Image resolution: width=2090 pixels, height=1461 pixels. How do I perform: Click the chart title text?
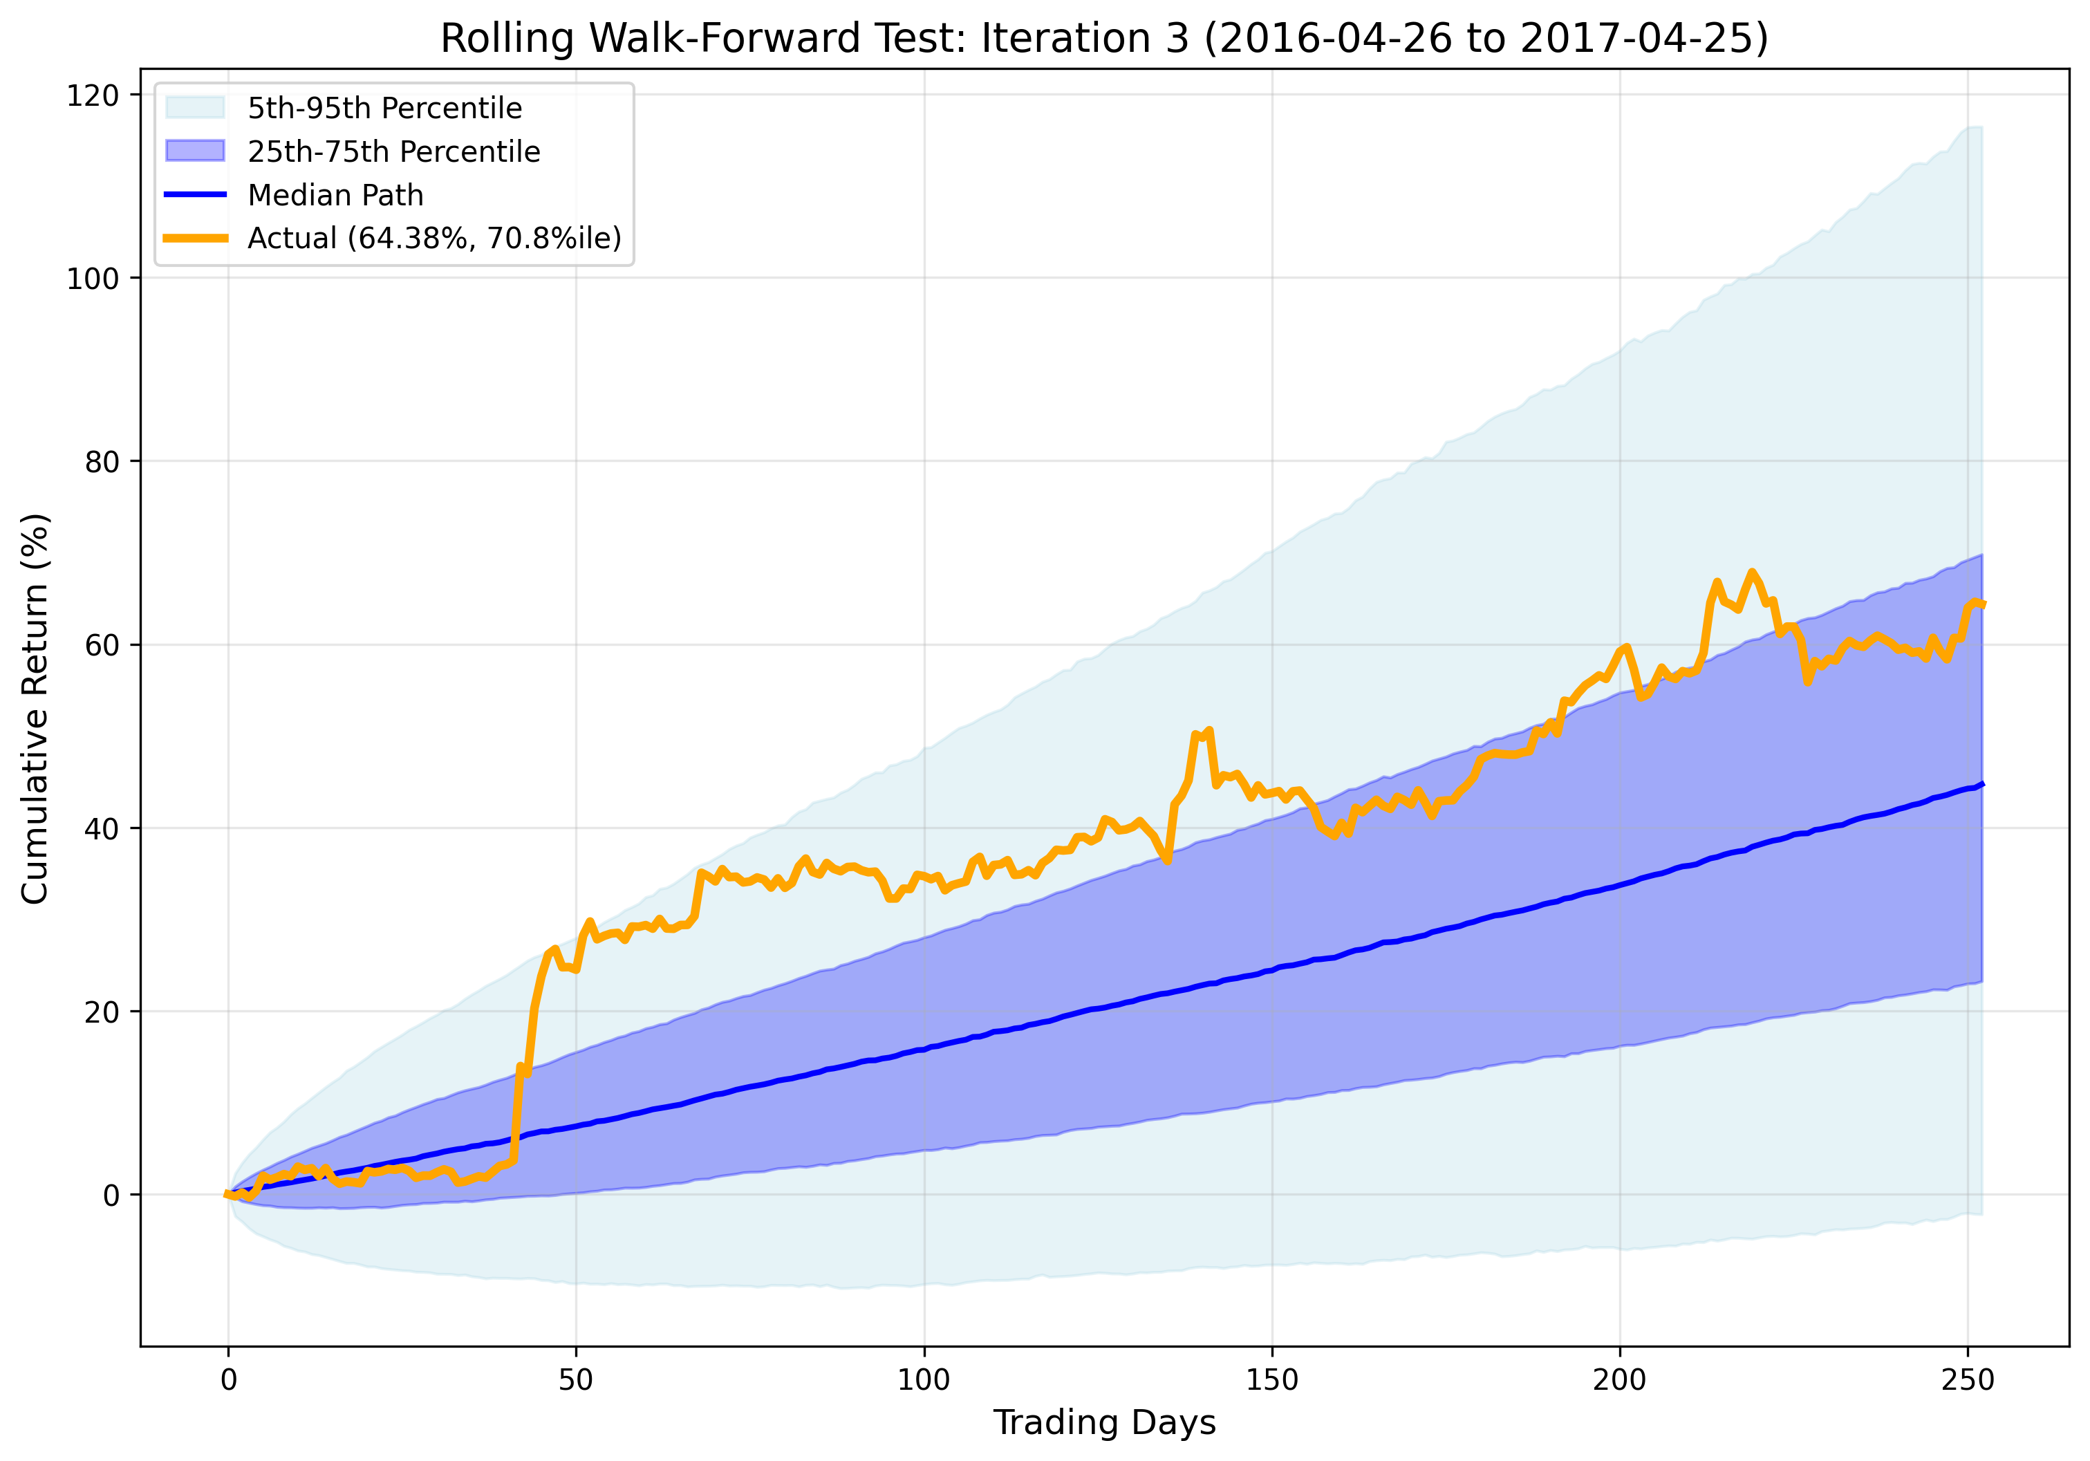(x=1103, y=38)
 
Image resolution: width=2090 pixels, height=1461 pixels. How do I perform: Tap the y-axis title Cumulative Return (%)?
(x=35, y=709)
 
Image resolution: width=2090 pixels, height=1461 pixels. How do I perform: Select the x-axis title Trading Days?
(x=1103, y=1422)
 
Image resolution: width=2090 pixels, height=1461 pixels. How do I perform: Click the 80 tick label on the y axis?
(x=101, y=463)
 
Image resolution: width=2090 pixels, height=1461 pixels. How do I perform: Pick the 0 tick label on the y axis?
(x=111, y=1195)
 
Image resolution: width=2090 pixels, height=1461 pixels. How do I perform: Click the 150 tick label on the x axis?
(x=1271, y=1380)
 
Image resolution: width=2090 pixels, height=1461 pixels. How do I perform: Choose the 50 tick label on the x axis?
(x=575, y=1380)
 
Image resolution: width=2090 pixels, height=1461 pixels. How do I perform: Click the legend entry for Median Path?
(x=335, y=195)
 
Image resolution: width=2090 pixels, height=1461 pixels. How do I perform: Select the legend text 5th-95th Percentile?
(x=384, y=109)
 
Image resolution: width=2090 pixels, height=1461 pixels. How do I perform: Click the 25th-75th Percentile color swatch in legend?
(x=195, y=151)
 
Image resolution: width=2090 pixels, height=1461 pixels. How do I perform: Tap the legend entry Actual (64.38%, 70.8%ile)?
(x=434, y=238)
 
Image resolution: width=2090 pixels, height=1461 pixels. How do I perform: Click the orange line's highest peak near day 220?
(x=1751, y=573)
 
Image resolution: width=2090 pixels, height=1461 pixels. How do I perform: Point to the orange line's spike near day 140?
(x=1209, y=730)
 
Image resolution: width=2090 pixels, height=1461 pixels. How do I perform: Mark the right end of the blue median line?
(x=1981, y=784)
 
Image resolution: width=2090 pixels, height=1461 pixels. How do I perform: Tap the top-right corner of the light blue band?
(x=1980, y=129)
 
